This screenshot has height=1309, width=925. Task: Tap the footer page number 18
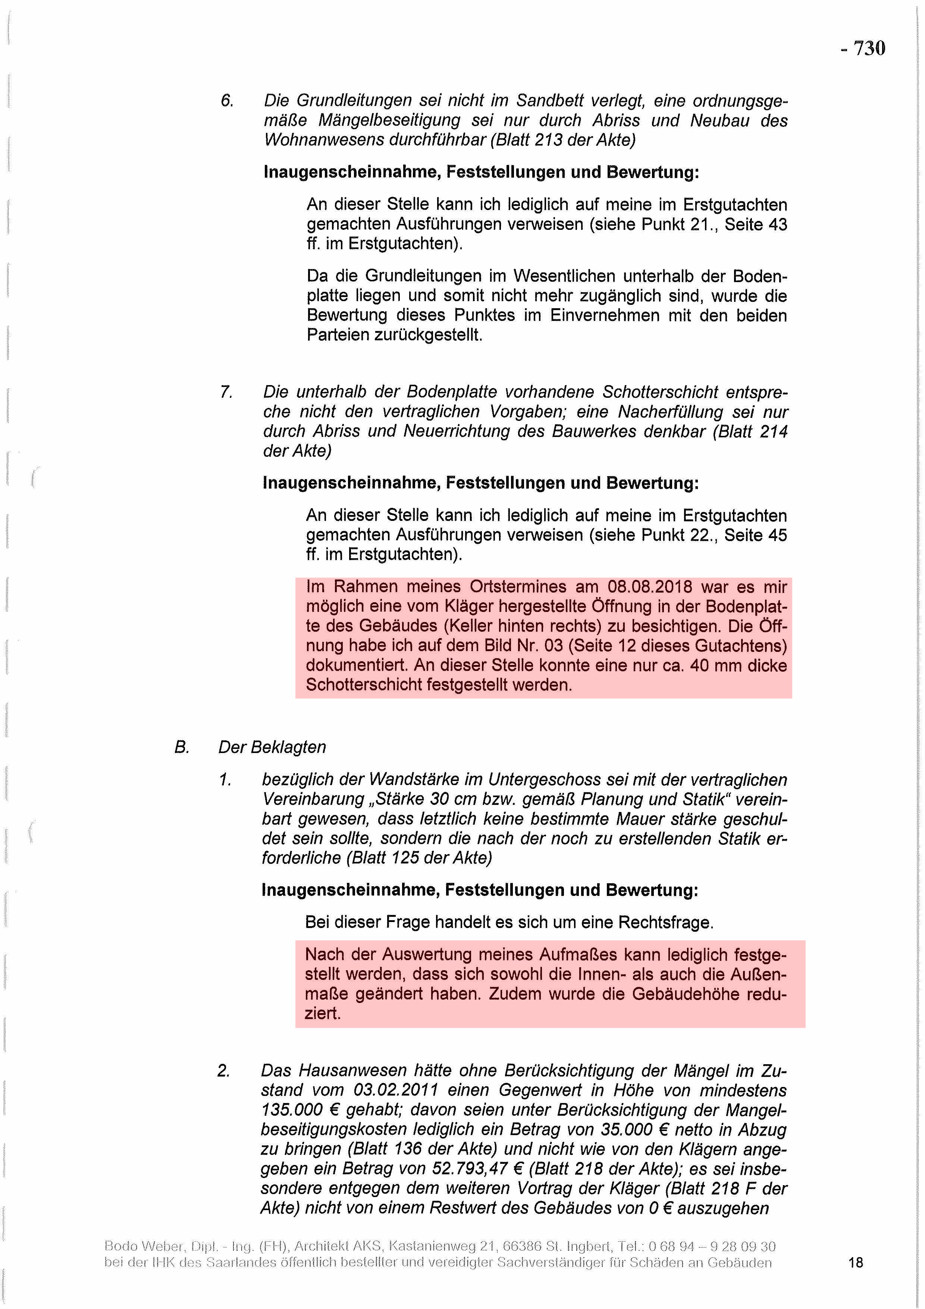point(856,1263)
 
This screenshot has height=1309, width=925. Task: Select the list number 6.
point(227,101)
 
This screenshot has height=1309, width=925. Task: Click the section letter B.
point(181,747)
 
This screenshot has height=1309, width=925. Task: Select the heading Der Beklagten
point(272,747)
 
